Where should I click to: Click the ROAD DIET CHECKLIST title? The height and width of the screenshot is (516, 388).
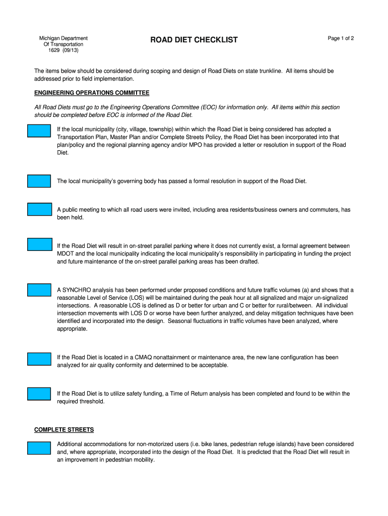click(x=194, y=40)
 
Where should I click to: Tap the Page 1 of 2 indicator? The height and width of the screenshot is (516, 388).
click(x=341, y=38)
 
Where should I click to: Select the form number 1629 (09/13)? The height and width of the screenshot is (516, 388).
click(x=63, y=50)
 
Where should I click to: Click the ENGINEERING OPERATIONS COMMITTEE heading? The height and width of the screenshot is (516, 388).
click(x=92, y=93)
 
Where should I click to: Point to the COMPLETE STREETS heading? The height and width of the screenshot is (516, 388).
click(x=64, y=430)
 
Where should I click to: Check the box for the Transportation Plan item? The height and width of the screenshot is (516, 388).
click(x=39, y=131)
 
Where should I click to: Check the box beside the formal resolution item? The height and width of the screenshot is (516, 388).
click(x=39, y=181)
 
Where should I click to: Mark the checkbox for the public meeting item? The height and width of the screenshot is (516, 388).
click(x=39, y=209)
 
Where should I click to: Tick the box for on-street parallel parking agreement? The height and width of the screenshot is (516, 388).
click(x=39, y=245)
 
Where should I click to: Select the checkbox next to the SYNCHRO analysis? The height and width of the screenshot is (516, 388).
click(x=39, y=290)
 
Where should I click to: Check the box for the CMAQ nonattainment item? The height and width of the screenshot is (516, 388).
click(x=39, y=359)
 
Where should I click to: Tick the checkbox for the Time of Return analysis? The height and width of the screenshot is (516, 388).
click(x=39, y=394)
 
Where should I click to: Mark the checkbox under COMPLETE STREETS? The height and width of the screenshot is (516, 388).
click(x=39, y=448)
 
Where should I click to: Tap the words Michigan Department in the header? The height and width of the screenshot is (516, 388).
click(x=63, y=38)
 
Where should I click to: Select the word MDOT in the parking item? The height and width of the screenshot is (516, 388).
click(x=66, y=254)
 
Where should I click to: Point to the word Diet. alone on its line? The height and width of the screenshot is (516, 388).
click(x=63, y=153)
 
